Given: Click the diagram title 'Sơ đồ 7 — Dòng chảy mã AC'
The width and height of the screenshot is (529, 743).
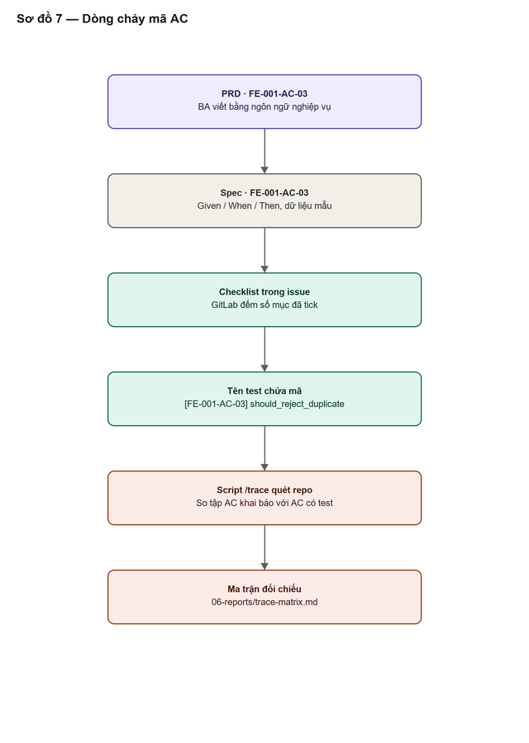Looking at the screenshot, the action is pos(102,19).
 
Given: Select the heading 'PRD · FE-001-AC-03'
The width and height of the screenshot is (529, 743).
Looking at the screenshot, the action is pos(264,94).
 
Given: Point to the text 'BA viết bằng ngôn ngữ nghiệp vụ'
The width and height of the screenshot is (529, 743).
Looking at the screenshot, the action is pos(264,107).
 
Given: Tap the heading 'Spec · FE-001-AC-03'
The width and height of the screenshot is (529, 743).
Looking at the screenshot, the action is pos(264,193).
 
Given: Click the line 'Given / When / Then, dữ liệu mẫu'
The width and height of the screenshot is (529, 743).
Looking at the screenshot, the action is pos(264,206).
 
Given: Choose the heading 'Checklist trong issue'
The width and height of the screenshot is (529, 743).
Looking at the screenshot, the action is pos(264,292).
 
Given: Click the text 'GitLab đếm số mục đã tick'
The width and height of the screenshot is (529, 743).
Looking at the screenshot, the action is pos(264,305).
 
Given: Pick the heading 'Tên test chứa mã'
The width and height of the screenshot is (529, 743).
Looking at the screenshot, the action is pos(264,391).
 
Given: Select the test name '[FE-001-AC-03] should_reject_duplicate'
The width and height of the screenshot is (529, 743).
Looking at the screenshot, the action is pos(264,405).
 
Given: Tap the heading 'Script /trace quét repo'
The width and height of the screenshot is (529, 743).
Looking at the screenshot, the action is pos(264,490).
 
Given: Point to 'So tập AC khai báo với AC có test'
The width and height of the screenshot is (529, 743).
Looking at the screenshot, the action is pos(264,503).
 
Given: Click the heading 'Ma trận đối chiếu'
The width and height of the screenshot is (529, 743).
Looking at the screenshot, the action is pos(264,589).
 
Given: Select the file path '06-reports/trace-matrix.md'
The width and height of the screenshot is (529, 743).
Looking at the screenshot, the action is pos(264,603).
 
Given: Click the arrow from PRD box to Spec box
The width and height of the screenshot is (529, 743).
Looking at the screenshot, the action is pos(264,151).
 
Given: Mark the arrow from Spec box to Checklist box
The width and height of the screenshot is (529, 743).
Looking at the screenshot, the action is pos(264,250).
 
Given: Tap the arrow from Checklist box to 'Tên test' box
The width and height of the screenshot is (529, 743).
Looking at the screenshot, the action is pos(264,349).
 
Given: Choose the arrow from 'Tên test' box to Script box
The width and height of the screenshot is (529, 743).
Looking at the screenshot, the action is pos(264,448).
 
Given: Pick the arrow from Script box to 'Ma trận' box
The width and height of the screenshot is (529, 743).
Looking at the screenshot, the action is pos(264,547).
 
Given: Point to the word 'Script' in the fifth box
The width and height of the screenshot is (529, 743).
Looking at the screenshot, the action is pos(230,490).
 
